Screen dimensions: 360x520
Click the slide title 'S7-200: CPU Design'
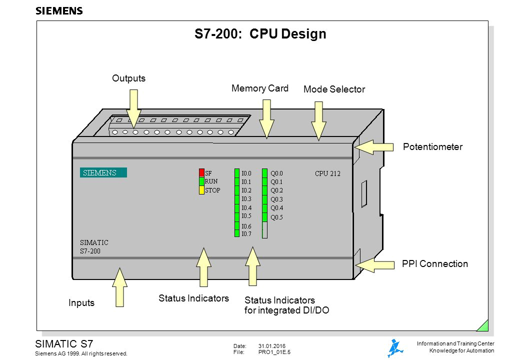(260, 34)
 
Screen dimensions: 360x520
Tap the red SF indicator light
(202, 173)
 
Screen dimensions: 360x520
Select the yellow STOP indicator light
(202, 190)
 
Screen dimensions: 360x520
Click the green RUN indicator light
(202, 181)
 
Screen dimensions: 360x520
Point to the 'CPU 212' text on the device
(327, 173)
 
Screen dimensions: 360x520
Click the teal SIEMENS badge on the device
(103, 173)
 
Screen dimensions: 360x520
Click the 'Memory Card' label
(260, 88)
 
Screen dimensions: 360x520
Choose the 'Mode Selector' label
(334, 89)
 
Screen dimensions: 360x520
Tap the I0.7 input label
(246, 234)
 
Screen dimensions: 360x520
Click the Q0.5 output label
(276, 217)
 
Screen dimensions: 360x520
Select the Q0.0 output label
(276, 173)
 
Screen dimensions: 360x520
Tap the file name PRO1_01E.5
(274, 352)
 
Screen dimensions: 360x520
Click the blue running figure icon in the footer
(394, 347)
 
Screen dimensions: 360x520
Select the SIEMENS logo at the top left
(59, 11)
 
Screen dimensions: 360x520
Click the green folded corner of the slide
(483, 326)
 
